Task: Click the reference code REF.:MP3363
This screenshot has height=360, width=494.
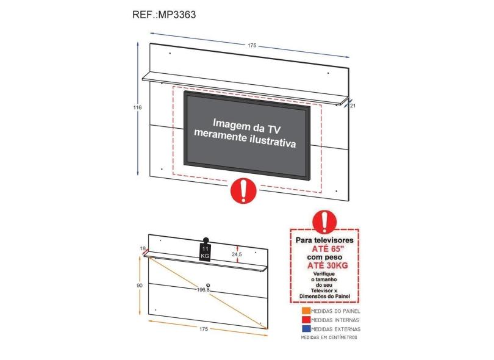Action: pos(164,15)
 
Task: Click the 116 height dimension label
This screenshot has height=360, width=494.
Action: pos(137,107)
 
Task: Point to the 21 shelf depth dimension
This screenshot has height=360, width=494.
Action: pos(353,106)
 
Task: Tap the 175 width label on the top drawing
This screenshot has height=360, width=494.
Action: pos(252,45)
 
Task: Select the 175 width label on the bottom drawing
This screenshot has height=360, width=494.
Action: pos(204,329)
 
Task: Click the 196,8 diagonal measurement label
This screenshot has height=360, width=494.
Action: pos(204,289)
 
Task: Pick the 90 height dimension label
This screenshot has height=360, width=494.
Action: pos(140,286)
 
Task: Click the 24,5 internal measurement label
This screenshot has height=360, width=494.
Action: pos(237,254)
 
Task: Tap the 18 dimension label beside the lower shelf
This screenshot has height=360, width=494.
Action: pos(142,248)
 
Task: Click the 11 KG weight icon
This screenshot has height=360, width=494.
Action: pos(205,250)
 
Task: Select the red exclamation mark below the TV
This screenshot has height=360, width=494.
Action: pos(243,190)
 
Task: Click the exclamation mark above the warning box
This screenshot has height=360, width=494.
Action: pos(324,222)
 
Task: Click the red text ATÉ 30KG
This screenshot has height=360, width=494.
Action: pos(328,265)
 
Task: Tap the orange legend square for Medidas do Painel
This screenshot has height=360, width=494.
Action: pos(306,311)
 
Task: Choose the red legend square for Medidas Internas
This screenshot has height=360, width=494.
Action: pos(306,320)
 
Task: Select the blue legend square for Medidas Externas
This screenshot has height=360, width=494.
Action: pos(306,329)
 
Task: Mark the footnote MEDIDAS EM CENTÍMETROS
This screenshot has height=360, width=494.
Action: pos(329,337)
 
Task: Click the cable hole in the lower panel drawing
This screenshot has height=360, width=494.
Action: pos(207,285)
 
